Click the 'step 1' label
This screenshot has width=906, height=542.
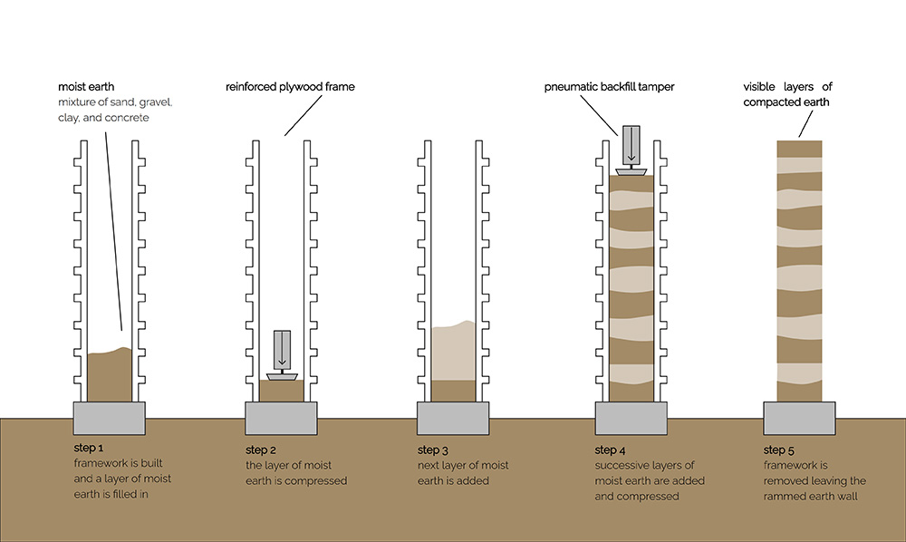(89, 448)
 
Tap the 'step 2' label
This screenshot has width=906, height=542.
(261, 450)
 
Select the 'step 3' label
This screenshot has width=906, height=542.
(433, 450)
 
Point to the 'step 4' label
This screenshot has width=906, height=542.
(611, 450)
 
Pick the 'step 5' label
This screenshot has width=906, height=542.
(780, 450)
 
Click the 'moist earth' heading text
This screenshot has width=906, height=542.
(84, 86)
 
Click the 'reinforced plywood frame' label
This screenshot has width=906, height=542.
(290, 86)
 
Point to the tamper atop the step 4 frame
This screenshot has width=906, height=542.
(629, 150)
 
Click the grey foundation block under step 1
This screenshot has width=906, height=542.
(109, 419)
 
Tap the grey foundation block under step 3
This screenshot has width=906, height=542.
(453, 419)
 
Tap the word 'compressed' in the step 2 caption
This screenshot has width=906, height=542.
(315, 481)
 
